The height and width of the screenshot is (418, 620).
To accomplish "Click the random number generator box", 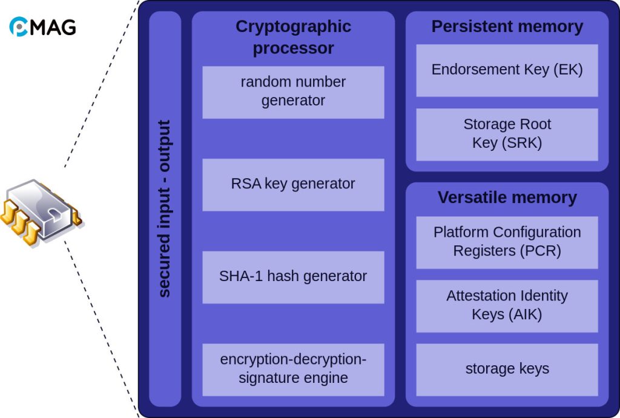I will [293, 92].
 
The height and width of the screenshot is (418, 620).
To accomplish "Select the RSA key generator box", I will [293, 184].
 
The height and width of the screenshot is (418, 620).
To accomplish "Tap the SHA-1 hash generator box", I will [293, 277].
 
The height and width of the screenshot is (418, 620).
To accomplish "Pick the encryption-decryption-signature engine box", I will [293, 370].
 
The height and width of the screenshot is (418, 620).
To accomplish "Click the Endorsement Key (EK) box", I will [507, 70].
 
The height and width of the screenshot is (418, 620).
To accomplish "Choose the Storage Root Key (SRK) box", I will [507, 134].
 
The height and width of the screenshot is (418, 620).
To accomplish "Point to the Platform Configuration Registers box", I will [507, 242].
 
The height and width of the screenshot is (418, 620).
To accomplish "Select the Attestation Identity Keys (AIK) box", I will [507, 305].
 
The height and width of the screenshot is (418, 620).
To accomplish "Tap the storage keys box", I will [507, 369].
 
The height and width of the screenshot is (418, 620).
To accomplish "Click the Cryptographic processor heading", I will [293, 38].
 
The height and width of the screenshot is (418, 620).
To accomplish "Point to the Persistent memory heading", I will [507, 27].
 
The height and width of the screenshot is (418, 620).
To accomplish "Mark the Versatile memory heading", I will [507, 198].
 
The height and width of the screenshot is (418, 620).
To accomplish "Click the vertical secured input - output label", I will [165, 208].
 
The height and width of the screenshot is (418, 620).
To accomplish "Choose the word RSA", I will [244, 184].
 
